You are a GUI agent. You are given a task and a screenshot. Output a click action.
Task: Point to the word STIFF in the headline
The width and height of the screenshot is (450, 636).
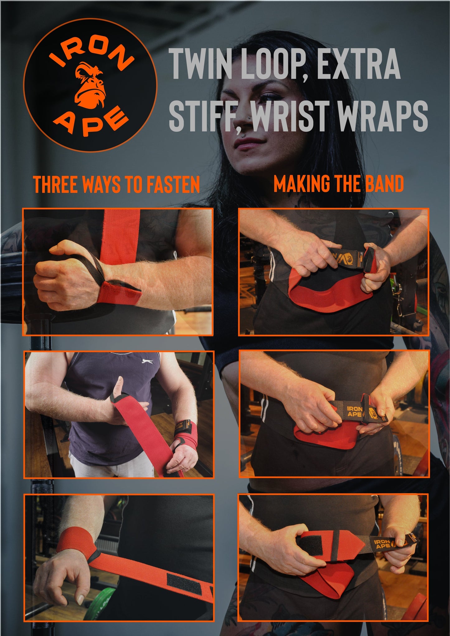pos(206,116)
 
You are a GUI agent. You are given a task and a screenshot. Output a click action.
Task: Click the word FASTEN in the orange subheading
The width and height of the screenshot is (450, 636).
pos(173,184)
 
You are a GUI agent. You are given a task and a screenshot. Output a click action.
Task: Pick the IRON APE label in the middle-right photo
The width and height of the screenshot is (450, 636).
pos(354,411)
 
